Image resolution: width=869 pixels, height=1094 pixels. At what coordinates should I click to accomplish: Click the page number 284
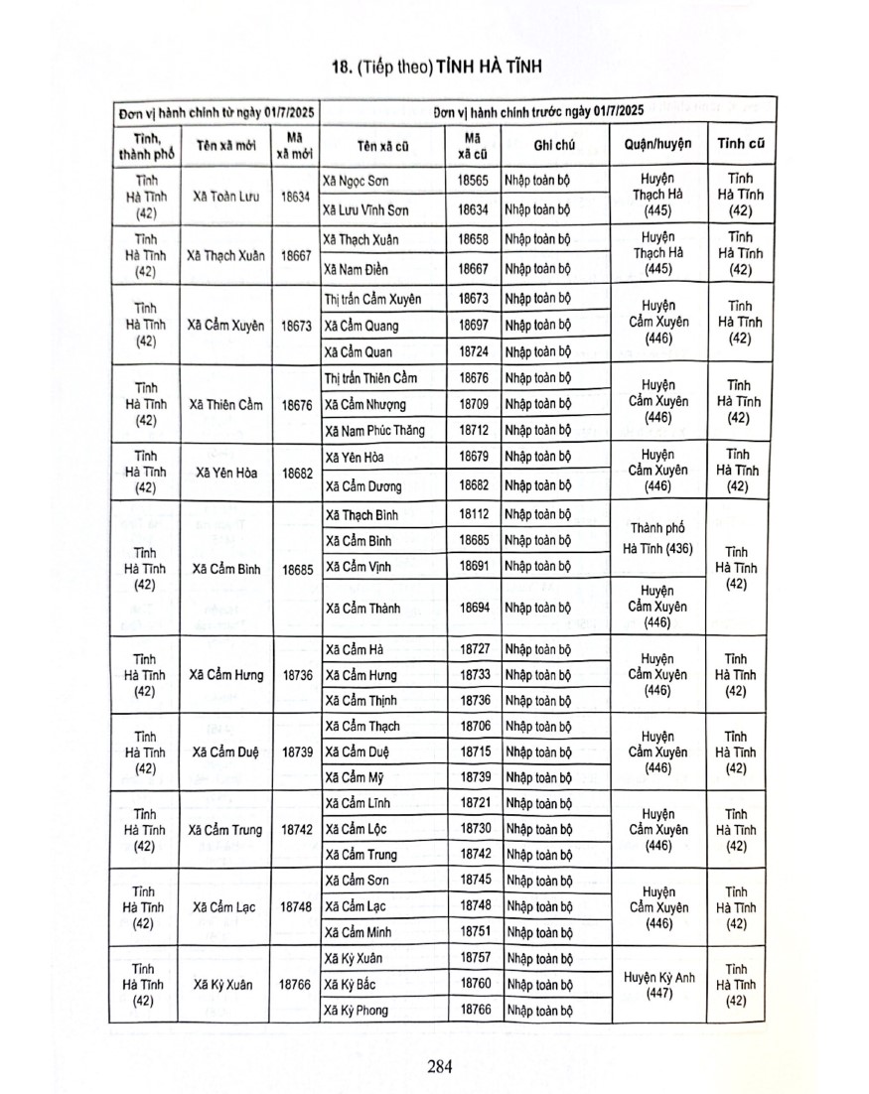coord(440,1067)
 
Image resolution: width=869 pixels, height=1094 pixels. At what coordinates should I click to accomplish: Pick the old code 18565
coord(474,182)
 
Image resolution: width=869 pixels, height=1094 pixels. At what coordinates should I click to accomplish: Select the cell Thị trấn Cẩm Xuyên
coord(372,298)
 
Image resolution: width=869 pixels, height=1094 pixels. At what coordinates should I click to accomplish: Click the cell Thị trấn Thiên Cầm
coord(370,378)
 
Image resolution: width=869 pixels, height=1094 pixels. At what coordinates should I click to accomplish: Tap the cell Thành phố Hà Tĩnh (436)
coord(658,538)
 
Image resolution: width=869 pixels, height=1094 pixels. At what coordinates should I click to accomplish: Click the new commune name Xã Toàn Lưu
coord(227,196)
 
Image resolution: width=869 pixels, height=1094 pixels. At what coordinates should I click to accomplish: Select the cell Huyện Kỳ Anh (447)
coord(658,984)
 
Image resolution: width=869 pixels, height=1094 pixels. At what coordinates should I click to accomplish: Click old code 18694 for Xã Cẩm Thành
coord(474,605)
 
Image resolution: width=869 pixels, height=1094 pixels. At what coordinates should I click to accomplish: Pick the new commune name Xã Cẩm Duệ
coord(226,752)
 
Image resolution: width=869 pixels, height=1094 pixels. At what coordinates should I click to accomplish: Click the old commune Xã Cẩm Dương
coord(361,486)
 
